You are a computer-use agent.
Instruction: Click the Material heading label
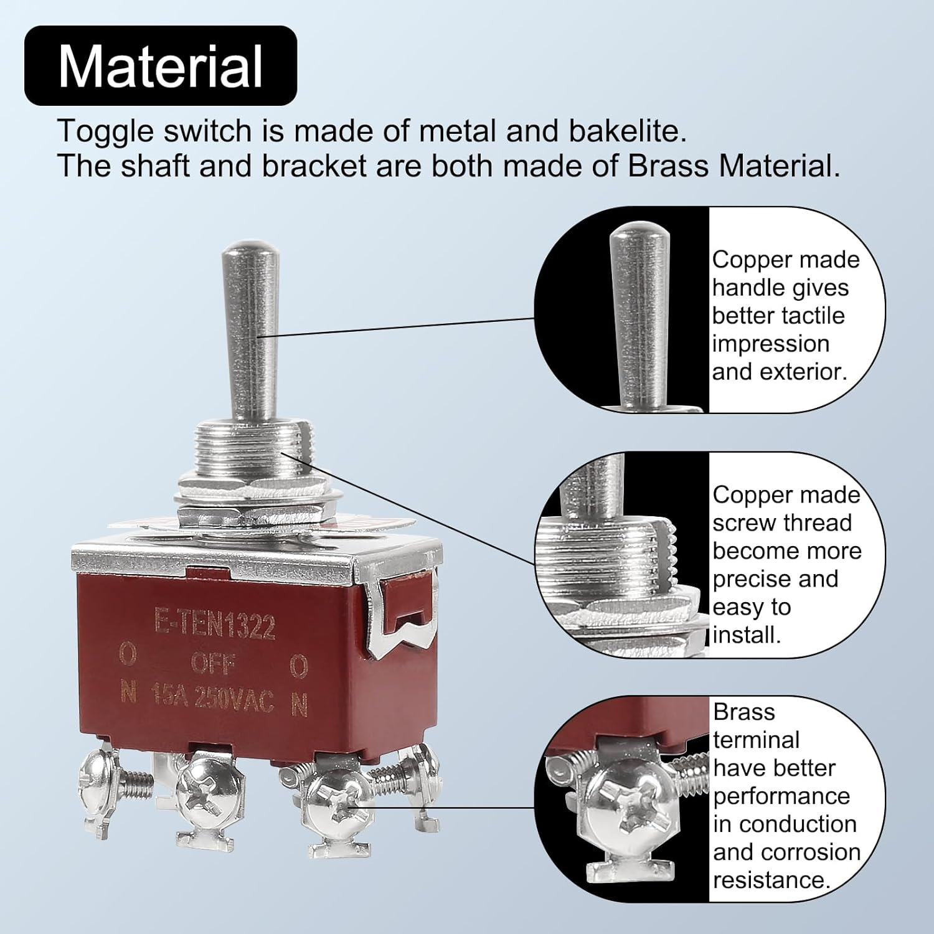pyautogui.click(x=161, y=66)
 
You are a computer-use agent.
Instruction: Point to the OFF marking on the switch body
pyautogui.click(x=213, y=664)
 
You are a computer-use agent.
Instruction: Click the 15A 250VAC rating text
pyautogui.click(x=212, y=698)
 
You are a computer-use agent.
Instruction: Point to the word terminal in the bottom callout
pyautogui.click(x=757, y=740)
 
